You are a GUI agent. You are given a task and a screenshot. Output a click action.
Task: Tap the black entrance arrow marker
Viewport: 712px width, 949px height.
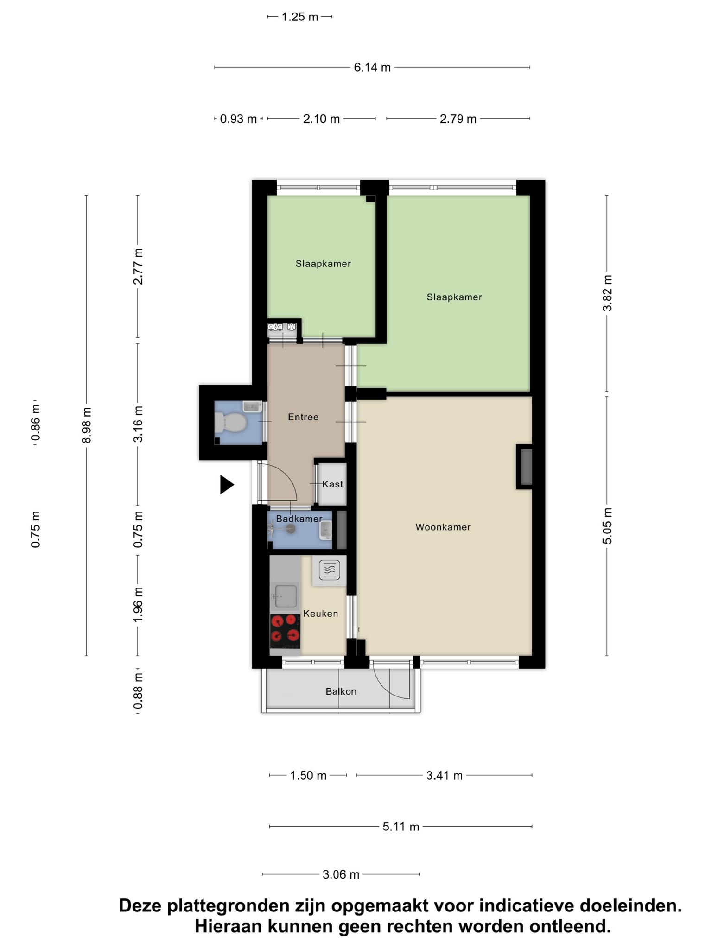[226, 485]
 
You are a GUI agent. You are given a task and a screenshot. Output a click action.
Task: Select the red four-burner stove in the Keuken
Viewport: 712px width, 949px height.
[285, 631]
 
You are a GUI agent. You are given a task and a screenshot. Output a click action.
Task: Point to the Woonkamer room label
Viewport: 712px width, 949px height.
[443, 527]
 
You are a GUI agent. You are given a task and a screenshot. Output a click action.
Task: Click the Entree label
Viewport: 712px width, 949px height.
[303, 417]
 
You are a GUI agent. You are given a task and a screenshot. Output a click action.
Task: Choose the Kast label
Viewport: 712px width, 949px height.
[333, 484]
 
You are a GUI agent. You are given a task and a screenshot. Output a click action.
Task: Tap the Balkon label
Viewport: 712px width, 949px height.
[341, 691]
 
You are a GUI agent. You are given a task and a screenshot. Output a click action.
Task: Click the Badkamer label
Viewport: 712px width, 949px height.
[299, 519]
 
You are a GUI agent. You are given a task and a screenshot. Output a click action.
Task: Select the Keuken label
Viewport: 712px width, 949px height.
[321, 614]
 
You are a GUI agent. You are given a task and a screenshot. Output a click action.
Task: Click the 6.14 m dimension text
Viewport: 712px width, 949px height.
[372, 68]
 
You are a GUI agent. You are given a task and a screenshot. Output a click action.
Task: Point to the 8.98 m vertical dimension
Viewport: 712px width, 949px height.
[87, 425]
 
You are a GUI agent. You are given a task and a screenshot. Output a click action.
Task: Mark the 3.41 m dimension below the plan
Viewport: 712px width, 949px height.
[445, 775]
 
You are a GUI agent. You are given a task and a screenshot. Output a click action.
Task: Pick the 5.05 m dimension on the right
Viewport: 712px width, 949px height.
[608, 526]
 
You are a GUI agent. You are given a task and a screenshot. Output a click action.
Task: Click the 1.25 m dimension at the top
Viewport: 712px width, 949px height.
[300, 17]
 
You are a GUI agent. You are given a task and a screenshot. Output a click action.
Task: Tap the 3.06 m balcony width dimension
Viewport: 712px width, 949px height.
[341, 874]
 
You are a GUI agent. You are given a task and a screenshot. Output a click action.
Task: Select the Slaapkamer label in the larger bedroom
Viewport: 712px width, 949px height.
[454, 297]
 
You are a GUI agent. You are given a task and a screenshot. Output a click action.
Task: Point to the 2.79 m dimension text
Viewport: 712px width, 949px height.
[458, 119]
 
